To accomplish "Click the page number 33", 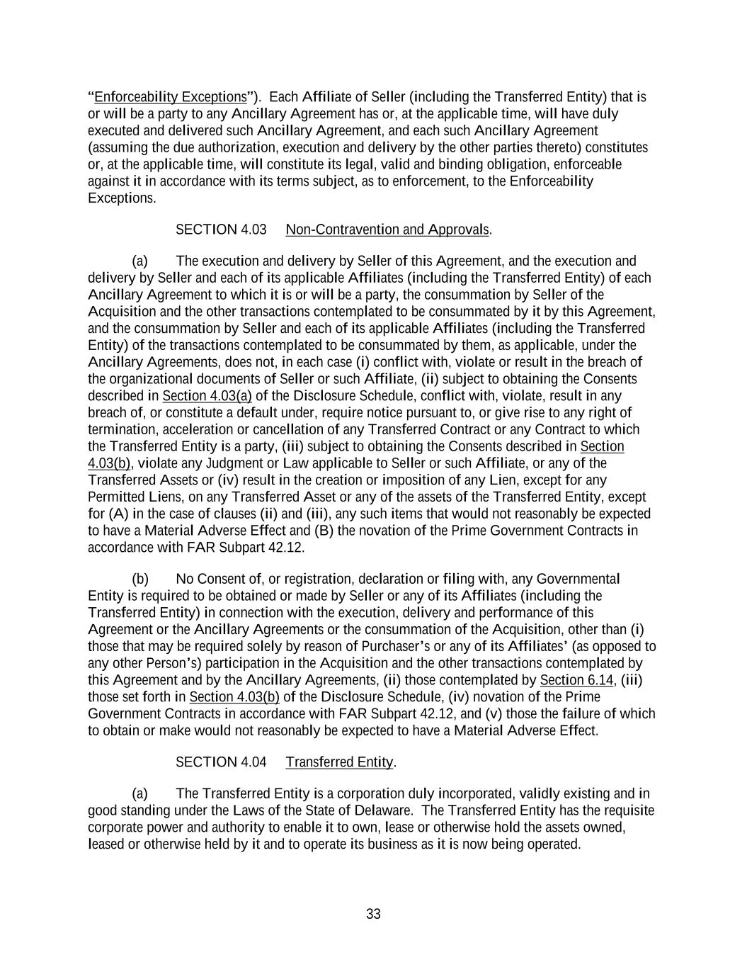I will [x=373, y=914].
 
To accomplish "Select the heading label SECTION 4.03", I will [x=221, y=230].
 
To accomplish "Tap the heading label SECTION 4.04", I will [x=221, y=762].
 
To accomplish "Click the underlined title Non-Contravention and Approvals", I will [x=387, y=230].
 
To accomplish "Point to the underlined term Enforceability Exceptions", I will [x=171, y=97].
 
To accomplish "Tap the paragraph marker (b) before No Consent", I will [x=140, y=579].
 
